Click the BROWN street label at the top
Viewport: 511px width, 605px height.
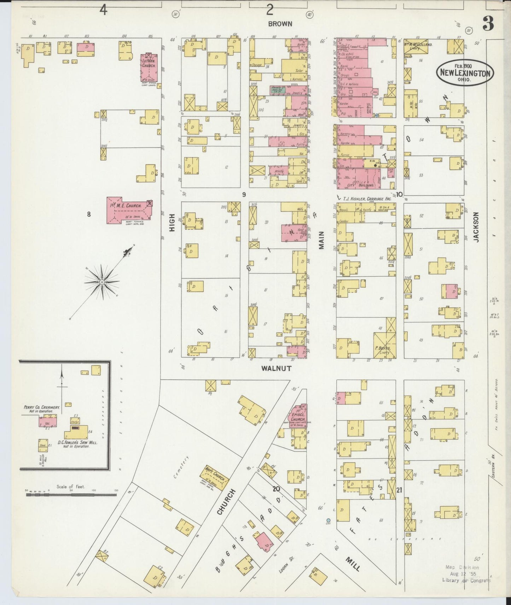click(x=280, y=24)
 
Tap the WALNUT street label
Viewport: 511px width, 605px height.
click(x=277, y=368)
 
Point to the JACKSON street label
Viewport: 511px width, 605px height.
click(x=476, y=227)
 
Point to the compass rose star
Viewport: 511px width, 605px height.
click(x=102, y=282)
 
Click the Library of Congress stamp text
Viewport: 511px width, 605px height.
click(x=466, y=580)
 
